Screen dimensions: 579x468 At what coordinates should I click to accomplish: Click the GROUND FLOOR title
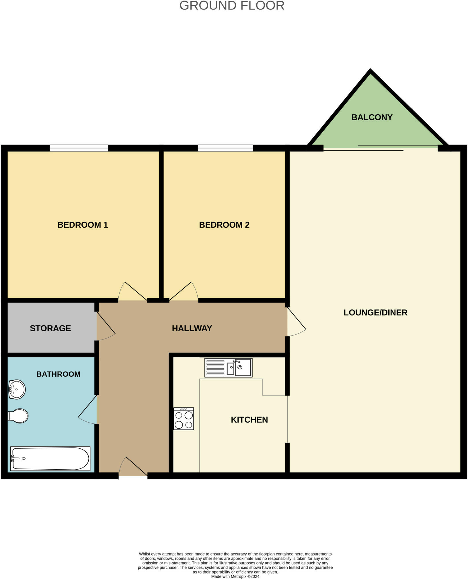coord(232,6)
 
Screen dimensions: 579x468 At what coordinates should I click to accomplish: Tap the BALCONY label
coord(372,117)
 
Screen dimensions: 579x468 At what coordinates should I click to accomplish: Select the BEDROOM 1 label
coord(83,225)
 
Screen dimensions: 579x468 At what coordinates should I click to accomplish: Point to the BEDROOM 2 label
coord(224,225)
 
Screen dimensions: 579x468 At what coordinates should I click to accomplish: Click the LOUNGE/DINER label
coord(375,313)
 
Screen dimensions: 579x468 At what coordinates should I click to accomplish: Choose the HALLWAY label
coord(192,328)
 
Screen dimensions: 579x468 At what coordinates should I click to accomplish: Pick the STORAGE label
coord(50,328)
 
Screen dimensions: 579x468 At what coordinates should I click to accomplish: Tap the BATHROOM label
coord(58,374)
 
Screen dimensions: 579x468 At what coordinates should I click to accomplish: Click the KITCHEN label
coord(249,420)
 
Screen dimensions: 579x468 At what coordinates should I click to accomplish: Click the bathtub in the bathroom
coord(50,458)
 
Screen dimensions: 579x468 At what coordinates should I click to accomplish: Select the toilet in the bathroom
coord(18,416)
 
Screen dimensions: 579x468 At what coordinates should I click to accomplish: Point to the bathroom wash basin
coord(17,390)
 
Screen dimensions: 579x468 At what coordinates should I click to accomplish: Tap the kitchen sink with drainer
coord(228,368)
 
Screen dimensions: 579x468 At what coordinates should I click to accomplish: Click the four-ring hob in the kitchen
coord(184,419)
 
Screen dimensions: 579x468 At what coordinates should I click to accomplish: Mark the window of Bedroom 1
coord(79,148)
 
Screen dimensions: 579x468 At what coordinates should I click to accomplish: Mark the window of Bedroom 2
coord(225,148)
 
